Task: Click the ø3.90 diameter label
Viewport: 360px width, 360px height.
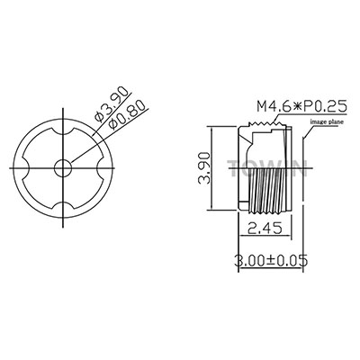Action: coord(112,105)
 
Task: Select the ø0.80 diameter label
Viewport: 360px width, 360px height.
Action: coord(128,115)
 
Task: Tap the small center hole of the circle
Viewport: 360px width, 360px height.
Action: coord(63,167)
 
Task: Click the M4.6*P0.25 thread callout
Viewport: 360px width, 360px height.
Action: coord(301,106)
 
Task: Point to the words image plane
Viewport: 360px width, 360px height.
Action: coord(327,121)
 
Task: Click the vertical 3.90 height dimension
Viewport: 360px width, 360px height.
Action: coord(204,168)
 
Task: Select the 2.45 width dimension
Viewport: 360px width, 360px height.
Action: coord(265,229)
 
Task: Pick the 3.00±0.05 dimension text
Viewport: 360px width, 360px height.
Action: coord(271,260)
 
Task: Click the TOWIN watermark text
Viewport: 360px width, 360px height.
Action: coord(267,168)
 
